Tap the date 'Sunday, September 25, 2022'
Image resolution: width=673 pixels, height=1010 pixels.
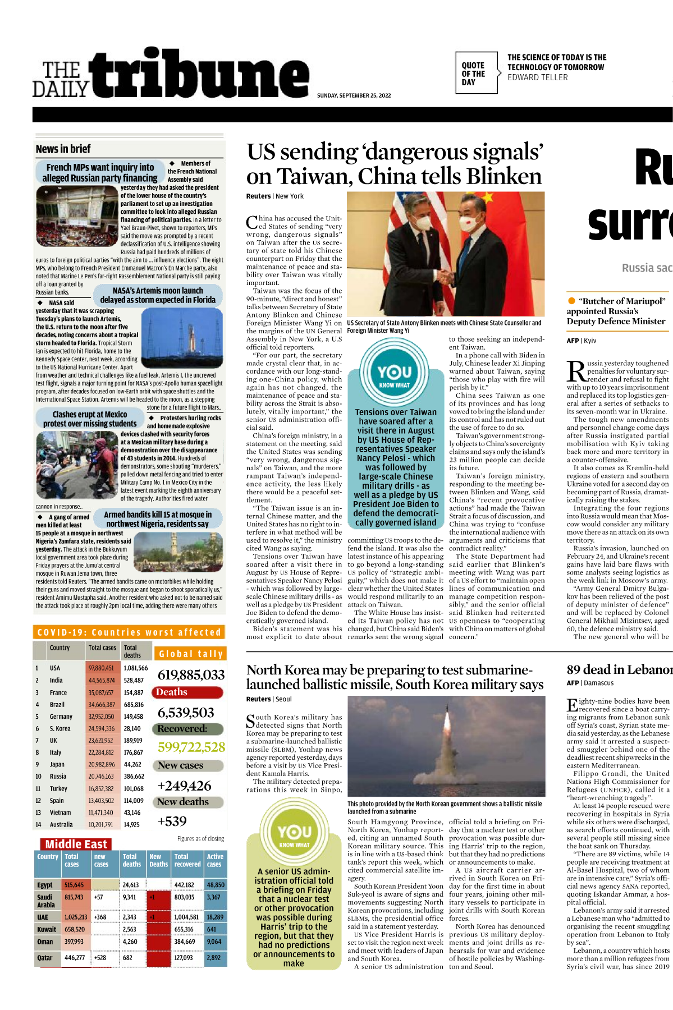354,95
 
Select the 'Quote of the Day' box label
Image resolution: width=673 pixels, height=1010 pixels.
473,74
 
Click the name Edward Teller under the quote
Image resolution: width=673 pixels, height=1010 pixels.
537,77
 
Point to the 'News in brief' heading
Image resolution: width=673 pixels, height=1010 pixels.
63,149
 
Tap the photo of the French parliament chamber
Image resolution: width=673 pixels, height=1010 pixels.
76,216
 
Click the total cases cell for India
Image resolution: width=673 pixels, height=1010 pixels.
101,680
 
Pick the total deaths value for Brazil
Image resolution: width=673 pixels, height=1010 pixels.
134,704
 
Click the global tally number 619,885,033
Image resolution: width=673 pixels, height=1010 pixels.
191,675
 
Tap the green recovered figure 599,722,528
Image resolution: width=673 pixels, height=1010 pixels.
191,747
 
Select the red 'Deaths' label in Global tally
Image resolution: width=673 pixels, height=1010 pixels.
172,692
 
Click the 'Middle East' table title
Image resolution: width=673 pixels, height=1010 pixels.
76,844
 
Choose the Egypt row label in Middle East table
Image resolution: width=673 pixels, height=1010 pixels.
45,885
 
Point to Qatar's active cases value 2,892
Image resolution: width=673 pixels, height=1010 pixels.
214,958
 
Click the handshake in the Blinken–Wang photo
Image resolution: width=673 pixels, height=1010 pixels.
445,277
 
